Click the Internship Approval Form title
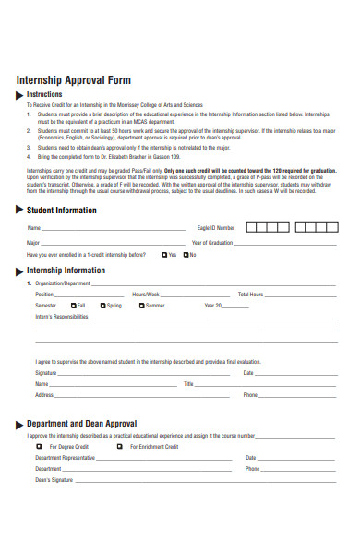pos(74,79)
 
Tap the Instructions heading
pos(44,94)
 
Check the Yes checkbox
pos(162,255)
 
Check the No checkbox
pos(186,255)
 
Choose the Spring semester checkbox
pos(102,306)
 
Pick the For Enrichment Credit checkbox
pos(119,446)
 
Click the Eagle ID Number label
pos(216,227)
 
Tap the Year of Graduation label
pos(212,242)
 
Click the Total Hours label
pos(250,294)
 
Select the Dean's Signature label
pos(54,480)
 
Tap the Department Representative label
pos(65,457)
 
